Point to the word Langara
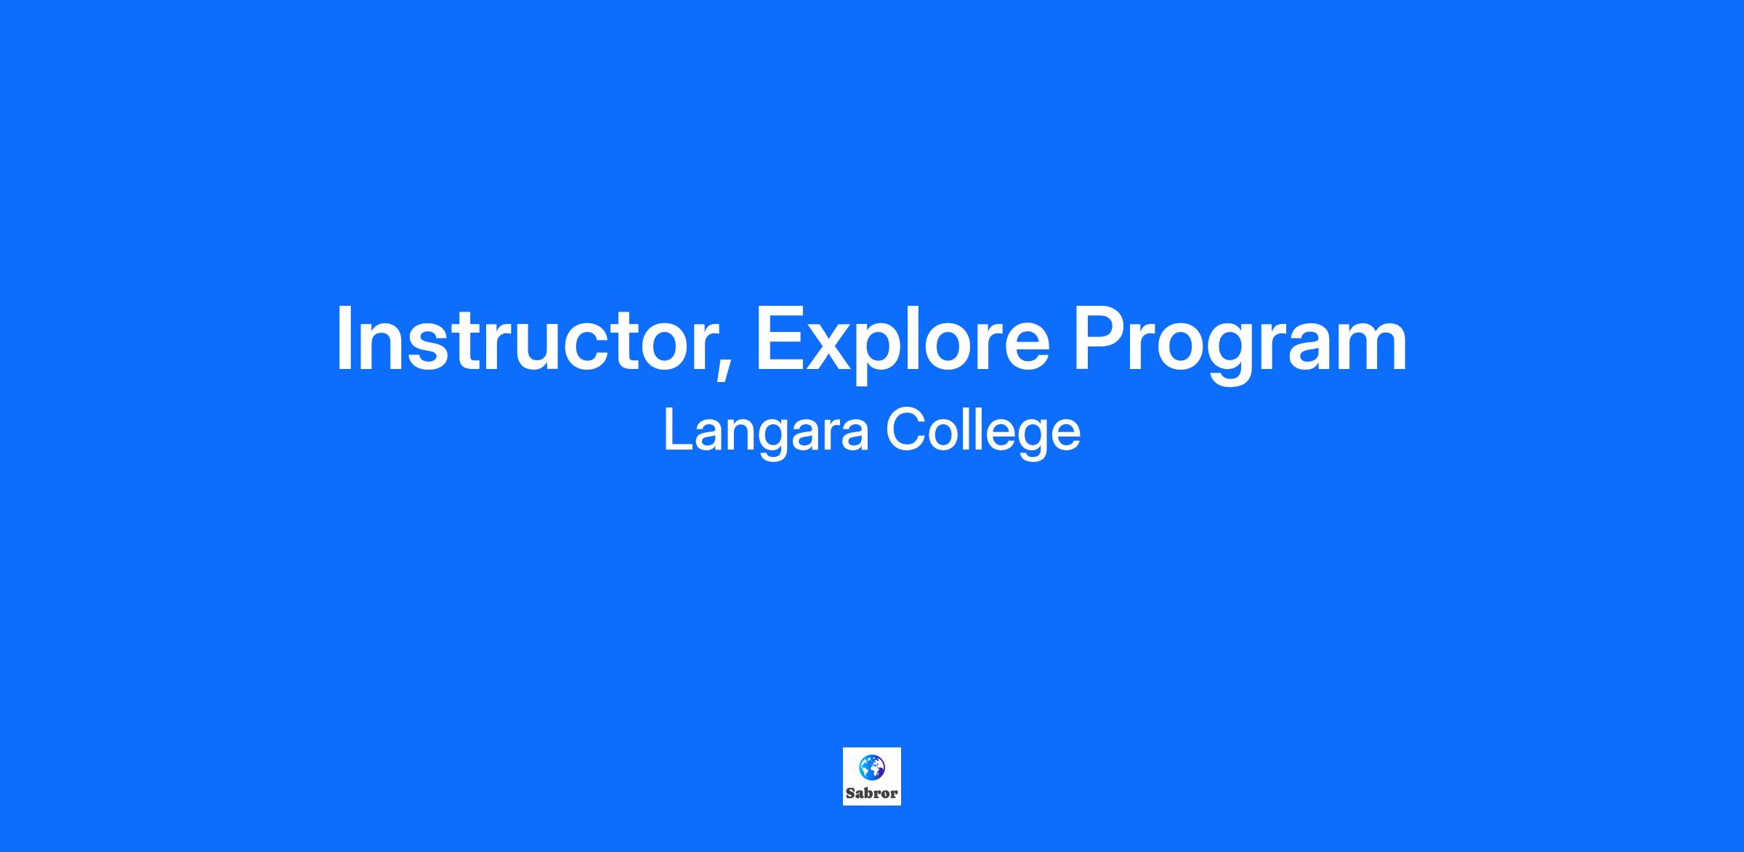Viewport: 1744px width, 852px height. [x=767, y=433]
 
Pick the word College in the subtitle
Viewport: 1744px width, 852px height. [x=983, y=433]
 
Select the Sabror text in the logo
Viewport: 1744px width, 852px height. [x=872, y=793]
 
